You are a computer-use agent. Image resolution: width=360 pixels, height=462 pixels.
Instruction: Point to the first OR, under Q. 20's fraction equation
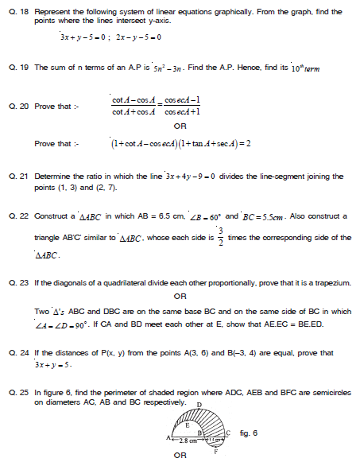coord(180,126)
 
